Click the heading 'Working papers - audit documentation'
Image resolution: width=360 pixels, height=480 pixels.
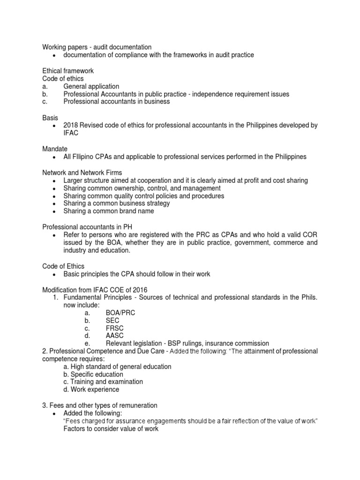(x=97, y=47)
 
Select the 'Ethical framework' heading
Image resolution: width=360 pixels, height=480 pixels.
(x=68, y=71)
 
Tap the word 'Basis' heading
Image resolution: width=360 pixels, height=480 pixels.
(x=51, y=118)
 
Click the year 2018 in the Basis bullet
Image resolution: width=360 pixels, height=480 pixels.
(x=71, y=126)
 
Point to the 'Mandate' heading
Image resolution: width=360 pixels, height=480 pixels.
(x=55, y=149)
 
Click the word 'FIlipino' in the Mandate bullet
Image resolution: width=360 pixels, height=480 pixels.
(x=86, y=157)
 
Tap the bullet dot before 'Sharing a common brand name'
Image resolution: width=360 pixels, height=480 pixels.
(x=55, y=211)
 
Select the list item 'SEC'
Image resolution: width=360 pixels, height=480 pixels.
(x=112, y=321)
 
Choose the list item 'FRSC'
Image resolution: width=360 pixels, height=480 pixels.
(x=114, y=328)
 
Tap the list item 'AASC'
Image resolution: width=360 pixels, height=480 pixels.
(x=115, y=336)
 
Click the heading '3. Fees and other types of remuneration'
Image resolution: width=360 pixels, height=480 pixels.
(x=100, y=405)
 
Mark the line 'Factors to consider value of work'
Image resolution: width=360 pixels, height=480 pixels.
(x=111, y=429)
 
